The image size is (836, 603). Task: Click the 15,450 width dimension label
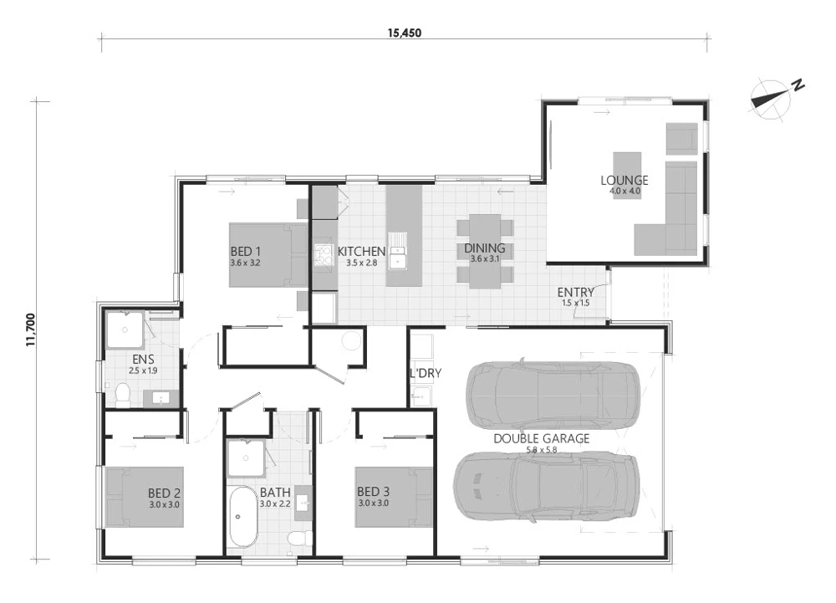(x=404, y=33)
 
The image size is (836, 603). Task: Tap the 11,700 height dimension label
(x=30, y=330)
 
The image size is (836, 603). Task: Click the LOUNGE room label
(x=624, y=180)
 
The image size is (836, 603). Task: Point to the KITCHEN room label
(x=361, y=251)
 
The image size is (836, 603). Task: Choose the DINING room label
(x=485, y=248)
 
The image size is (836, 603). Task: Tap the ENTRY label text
(x=576, y=292)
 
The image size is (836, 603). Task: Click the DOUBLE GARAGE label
(x=542, y=438)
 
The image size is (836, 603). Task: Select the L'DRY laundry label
(x=426, y=373)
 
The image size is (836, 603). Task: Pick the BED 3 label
(x=373, y=492)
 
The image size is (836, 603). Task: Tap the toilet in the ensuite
(x=123, y=395)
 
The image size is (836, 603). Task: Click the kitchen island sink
(x=397, y=251)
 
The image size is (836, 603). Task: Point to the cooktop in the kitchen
(x=323, y=254)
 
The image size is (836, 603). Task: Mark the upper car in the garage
(x=553, y=395)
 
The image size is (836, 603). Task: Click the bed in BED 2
(x=145, y=498)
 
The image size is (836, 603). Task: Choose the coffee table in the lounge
(x=627, y=176)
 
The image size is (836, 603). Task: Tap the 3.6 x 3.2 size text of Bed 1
(x=245, y=263)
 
